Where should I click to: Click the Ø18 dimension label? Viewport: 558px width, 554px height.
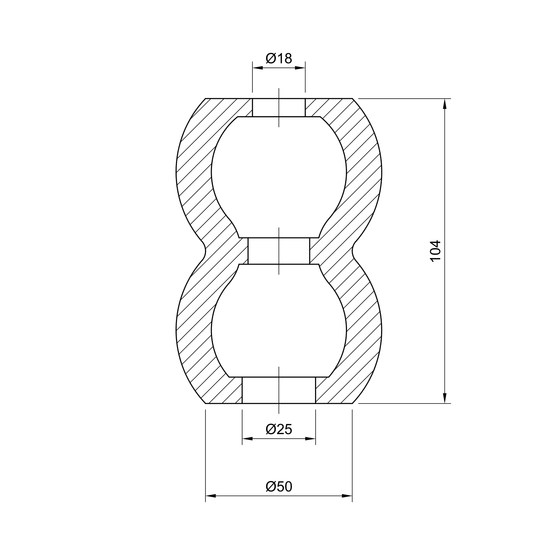point(279,58)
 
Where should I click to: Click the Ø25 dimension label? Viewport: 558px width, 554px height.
point(279,429)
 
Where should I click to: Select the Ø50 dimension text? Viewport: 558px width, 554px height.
point(279,487)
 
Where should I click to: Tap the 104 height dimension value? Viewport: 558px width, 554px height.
point(435,251)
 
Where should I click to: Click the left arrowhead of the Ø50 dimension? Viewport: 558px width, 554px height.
point(211,496)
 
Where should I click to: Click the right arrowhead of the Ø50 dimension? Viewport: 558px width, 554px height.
point(347,496)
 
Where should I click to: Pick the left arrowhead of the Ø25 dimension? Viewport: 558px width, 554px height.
point(248,439)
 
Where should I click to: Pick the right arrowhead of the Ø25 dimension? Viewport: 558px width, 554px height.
point(310,439)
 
